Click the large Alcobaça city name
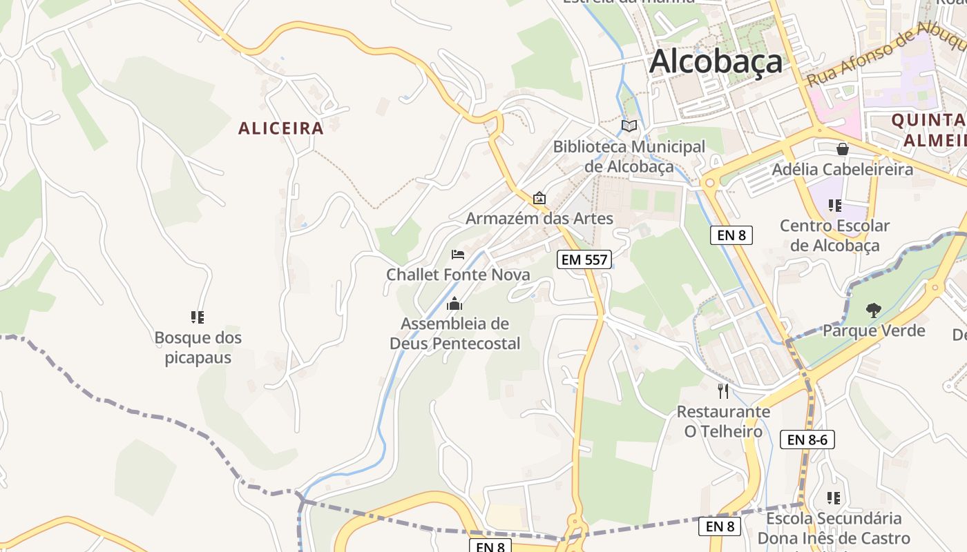tap(716, 61)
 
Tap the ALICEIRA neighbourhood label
tap(280, 128)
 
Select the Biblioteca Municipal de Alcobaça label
tap(629, 157)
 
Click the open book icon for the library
tap(629, 126)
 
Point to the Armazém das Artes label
tap(539, 219)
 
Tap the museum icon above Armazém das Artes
tap(539, 199)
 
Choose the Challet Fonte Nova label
tap(458, 275)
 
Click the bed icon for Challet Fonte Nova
tap(457, 254)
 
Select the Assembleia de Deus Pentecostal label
tap(454, 333)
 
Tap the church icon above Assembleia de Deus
tap(454, 303)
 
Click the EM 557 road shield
tap(584, 259)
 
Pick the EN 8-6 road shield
tap(807, 439)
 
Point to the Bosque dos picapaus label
tap(198, 348)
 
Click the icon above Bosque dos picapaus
tap(198, 317)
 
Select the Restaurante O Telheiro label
tap(723, 422)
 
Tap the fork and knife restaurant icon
tap(723, 391)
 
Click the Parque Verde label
tap(874, 331)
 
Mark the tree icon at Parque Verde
tap(874, 310)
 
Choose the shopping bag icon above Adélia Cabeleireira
tap(842, 149)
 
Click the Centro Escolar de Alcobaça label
tap(834, 235)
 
